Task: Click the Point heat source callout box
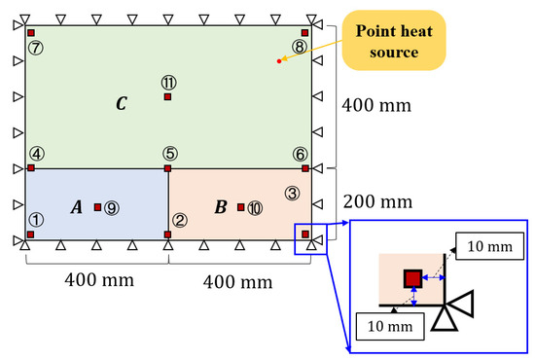(x=400, y=40)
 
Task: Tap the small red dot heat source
(x=279, y=61)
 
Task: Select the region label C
(x=120, y=103)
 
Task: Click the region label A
(x=76, y=206)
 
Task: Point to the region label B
(x=221, y=206)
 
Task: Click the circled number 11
(x=167, y=82)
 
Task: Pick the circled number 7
(x=36, y=46)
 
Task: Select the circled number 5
(x=169, y=153)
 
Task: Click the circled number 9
(x=112, y=207)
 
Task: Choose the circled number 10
(x=255, y=207)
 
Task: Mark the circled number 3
(x=291, y=193)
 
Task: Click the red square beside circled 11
(x=167, y=96)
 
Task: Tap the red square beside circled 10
(x=240, y=207)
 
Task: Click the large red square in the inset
(x=413, y=279)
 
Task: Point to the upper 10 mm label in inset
(x=485, y=247)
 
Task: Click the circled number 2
(x=180, y=220)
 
